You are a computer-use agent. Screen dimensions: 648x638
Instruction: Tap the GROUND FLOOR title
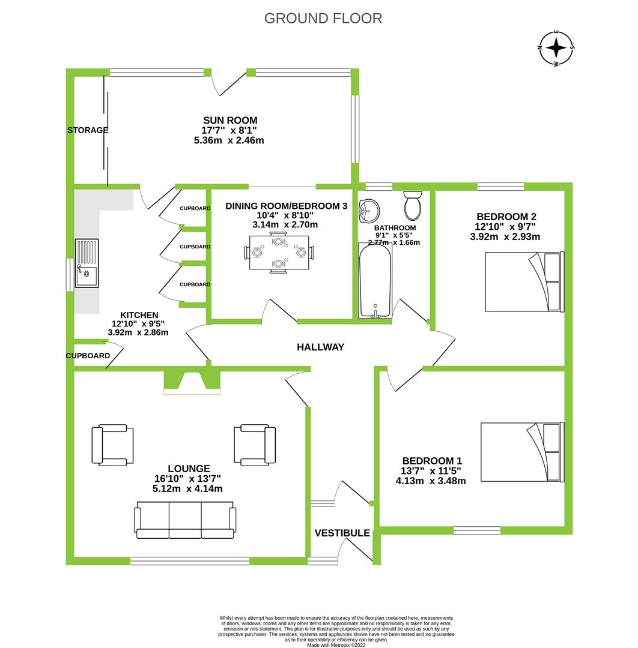323,19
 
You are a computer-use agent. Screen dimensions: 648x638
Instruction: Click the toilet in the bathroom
413,205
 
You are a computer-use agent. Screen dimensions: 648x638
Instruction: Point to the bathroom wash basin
368,210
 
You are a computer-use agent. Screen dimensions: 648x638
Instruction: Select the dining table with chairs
278,253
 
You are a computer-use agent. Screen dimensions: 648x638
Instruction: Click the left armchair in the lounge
112,445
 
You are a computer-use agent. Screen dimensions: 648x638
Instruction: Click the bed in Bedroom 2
524,282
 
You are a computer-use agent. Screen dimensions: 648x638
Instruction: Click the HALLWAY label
321,347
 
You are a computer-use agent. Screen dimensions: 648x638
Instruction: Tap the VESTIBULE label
342,533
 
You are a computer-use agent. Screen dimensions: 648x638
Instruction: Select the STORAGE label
88,130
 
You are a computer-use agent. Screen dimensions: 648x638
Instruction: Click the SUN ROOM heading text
222,121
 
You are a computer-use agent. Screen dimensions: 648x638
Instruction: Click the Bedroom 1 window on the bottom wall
477,530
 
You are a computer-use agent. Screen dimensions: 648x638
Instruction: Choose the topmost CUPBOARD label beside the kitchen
195,208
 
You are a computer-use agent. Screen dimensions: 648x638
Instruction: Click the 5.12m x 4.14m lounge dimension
187,488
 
